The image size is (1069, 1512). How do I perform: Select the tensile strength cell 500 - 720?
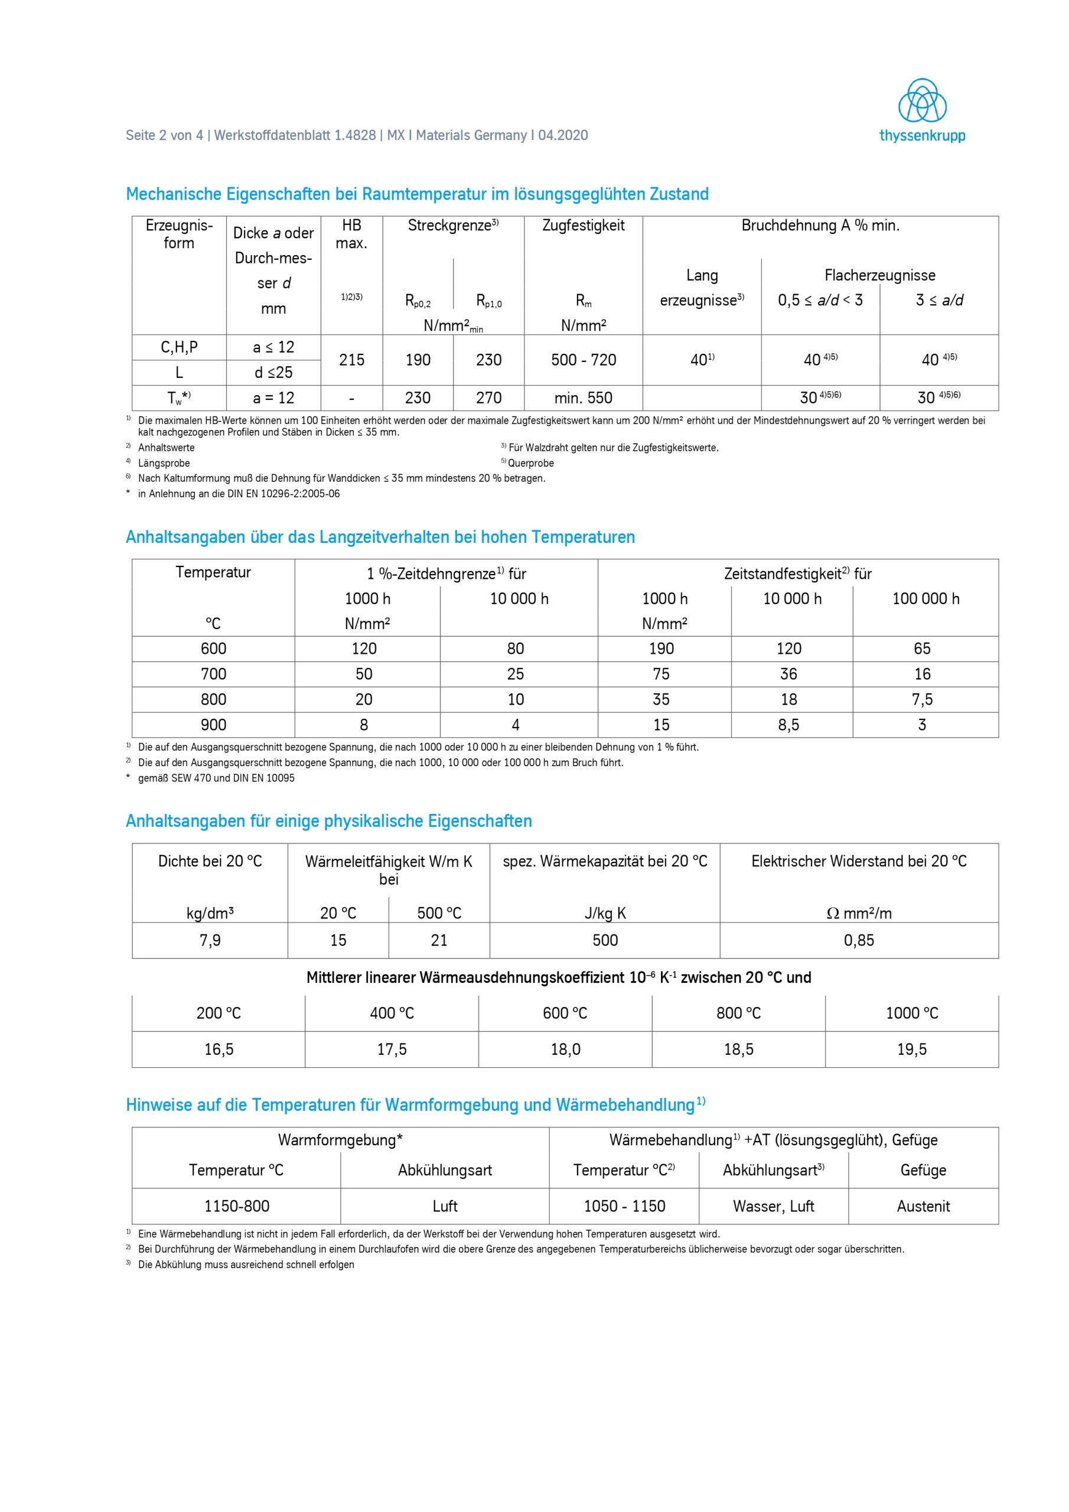click(583, 360)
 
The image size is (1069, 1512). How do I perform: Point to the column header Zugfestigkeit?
click(583, 226)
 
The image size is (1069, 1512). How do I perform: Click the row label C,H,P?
click(178, 348)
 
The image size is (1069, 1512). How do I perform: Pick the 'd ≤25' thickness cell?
click(273, 373)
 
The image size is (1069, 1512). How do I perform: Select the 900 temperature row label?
click(213, 725)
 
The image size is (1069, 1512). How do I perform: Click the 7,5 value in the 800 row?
click(921, 699)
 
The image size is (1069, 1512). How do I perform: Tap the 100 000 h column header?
click(925, 599)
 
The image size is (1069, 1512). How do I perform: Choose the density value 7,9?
click(210, 940)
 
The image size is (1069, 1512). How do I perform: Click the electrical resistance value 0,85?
click(858, 940)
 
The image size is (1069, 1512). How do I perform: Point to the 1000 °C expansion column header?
click(911, 1014)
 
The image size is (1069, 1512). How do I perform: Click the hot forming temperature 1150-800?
click(236, 1207)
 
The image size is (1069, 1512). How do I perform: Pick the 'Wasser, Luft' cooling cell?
click(773, 1207)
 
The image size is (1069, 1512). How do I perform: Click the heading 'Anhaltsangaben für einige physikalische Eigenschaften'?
click(328, 821)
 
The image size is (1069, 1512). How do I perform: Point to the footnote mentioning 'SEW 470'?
click(216, 778)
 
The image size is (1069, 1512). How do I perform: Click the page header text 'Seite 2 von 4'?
click(164, 136)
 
